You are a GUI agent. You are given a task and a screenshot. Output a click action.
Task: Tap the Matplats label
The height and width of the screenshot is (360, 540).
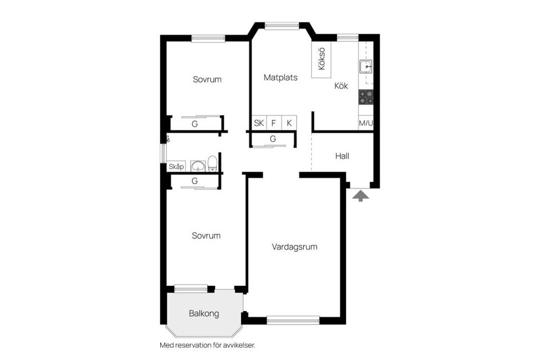click(281, 78)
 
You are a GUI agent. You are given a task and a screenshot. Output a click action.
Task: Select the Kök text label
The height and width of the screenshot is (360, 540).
click(341, 86)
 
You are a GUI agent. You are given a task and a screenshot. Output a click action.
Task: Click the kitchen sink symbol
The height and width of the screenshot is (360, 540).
click(366, 67)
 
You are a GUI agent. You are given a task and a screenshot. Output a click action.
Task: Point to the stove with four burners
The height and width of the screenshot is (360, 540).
click(366, 97)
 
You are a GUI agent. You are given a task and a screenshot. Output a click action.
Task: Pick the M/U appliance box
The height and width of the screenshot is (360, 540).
click(366, 123)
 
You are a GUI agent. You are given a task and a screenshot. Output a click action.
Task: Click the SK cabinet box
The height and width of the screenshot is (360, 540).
click(259, 123)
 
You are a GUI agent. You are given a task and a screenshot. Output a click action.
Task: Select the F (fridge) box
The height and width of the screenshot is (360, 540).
click(274, 123)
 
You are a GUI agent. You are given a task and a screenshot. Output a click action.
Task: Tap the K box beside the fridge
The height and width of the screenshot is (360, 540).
click(289, 123)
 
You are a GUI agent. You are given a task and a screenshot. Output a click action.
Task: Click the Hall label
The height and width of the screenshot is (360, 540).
click(342, 156)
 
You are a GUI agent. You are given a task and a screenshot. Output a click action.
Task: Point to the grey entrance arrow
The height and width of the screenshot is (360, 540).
click(361, 195)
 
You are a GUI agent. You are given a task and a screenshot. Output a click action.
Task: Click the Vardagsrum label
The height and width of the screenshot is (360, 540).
click(295, 247)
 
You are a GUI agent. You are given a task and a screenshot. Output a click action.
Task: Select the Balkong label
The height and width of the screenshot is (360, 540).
click(204, 313)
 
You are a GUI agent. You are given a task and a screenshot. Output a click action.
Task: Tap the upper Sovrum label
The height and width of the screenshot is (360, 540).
click(207, 79)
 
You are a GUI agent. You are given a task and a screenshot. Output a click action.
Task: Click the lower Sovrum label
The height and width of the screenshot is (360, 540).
click(206, 236)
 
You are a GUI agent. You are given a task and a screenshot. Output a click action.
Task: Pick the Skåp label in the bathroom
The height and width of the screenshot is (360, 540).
click(176, 166)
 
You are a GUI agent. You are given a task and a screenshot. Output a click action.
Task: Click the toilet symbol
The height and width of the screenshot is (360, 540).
click(212, 164)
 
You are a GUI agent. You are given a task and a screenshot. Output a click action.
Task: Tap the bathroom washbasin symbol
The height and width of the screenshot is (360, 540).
click(197, 165)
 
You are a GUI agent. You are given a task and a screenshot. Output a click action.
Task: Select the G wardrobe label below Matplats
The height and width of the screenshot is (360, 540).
click(273, 138)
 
